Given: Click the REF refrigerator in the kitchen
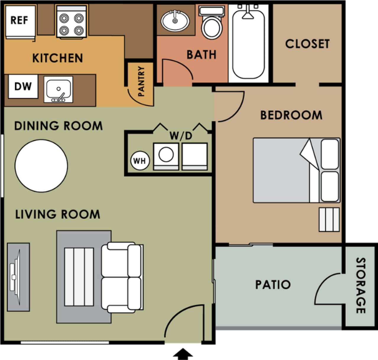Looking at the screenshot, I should point(20,22).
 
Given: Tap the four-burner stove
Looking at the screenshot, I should point(71,22).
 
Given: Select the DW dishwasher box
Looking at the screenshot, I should point(23,86).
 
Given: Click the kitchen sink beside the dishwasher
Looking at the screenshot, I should point(58,90).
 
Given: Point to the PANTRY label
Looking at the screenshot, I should point(141,81).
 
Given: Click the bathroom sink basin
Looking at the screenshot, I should point(175,21).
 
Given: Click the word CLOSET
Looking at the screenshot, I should point(307,44).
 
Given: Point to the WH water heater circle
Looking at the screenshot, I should point(139,161).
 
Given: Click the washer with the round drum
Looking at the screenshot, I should point(166,156).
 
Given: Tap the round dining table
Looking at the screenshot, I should point(41,166).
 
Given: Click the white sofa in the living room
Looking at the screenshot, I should point(122,277).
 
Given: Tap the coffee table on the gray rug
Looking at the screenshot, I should point(79,277).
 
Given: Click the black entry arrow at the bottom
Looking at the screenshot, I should point(183,353).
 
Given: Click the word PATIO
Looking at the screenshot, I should point(273,285).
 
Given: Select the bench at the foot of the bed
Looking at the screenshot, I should point(329,219).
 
